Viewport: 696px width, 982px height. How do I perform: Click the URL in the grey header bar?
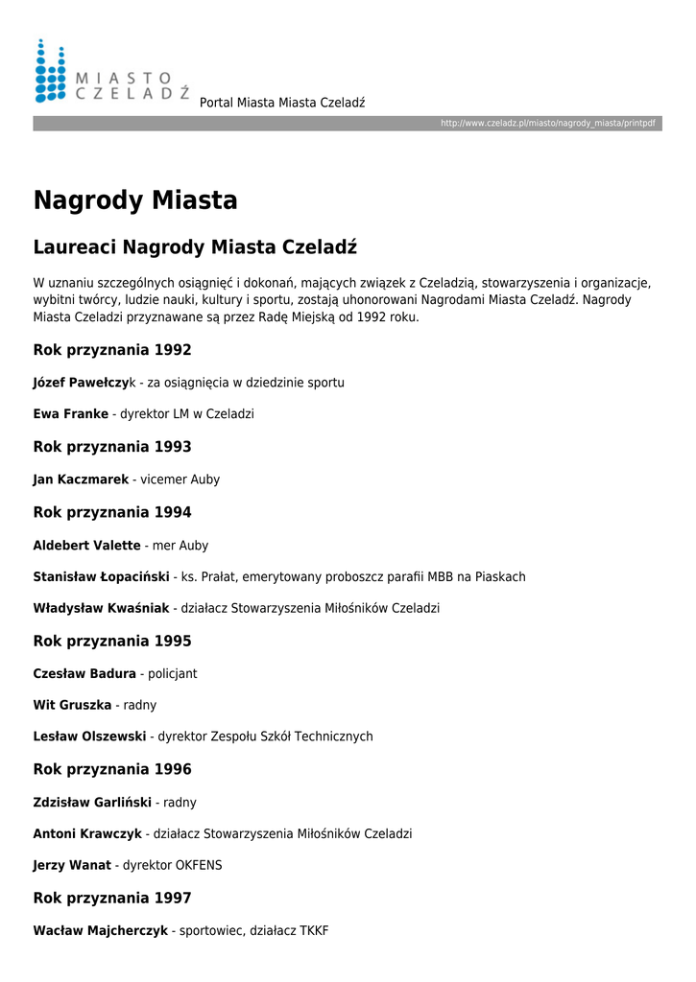tap(547, 124)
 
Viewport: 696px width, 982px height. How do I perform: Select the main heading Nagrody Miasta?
tap(135, 200)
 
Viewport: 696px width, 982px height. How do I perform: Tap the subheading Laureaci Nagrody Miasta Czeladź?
tap(195, 247)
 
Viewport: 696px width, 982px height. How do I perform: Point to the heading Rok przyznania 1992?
tap(112, 350)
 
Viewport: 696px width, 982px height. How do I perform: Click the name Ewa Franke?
tap(71, 414)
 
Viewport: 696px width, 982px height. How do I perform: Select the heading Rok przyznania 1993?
tap(112, 447)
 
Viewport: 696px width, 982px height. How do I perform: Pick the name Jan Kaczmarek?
tap(81, 479)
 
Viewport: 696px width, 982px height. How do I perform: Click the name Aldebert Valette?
tap(86, 545)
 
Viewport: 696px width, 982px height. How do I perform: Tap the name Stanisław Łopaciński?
tap(103, 577)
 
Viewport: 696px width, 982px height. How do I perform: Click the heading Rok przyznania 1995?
tap(112, 641)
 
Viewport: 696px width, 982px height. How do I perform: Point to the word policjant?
tap(173, 673)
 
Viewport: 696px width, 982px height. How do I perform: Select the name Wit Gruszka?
tap(72, 705)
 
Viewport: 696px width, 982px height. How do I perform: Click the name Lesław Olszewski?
tap(89, 736)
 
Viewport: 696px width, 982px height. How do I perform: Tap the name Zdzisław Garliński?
tap(94, 802)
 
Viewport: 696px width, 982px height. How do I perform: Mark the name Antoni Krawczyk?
tap(87, 833)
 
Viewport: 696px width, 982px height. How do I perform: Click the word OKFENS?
tap(199, 865)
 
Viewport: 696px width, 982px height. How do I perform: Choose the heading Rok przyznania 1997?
tap(112, 898)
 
